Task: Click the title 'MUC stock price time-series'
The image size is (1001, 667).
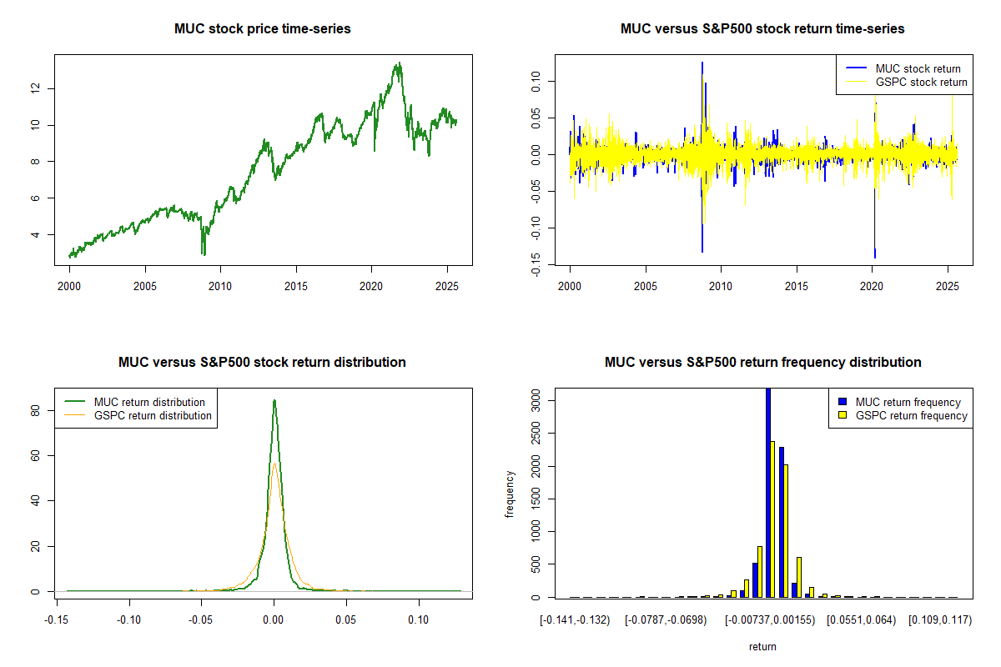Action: [262, 29]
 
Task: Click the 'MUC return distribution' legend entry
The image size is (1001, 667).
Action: [149, 403]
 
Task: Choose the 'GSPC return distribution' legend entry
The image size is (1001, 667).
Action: [153, 416]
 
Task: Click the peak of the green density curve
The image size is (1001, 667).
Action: [274, 401]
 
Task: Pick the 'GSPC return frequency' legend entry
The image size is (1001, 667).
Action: [911, 416]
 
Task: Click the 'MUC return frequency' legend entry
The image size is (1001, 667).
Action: [908, 403]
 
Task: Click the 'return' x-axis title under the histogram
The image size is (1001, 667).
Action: [762, 646]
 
